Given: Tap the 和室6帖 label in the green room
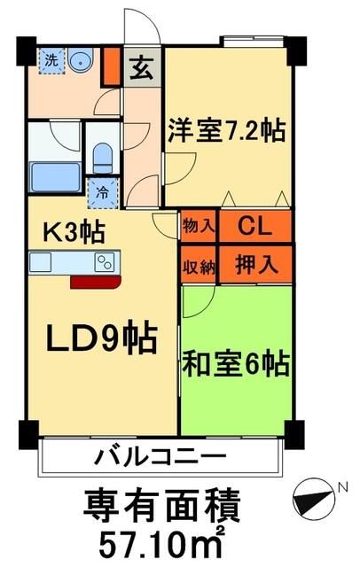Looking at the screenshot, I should coord(237,365).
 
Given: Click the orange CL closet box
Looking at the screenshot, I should coord(254,226).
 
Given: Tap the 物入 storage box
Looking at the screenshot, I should coord(198,226).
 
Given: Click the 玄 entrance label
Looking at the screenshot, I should coord(141,67).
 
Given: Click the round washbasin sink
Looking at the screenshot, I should coord(82,61).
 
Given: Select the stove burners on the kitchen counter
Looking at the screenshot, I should coord(105,261).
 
